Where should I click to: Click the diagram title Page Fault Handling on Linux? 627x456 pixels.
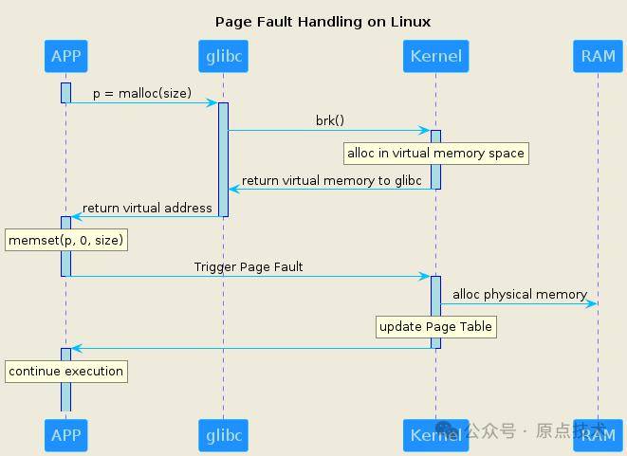click(x=323, y=22)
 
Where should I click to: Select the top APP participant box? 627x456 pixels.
click(x=66, y=56)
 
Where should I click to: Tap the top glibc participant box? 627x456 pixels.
click(x=224, y=56)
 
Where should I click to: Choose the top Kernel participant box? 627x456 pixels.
click(x=435, y=56)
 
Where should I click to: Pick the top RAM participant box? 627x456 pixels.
click(x=599, y=56)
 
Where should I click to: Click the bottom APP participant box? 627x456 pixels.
click(x=66, y=435)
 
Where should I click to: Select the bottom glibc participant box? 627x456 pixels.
click(x=224, y=435)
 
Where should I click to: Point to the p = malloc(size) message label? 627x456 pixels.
click(x=142, y=94)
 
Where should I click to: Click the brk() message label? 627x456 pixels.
click(x=330, y=120)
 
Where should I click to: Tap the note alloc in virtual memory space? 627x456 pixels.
click(x=436, y=154)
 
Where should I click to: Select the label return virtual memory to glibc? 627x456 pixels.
click(x=331, y=181)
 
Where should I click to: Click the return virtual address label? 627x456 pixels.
click(x=147, y=208)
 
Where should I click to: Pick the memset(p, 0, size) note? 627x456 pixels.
click(x=66, y=240)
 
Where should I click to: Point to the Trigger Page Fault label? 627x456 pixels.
click(x=249, y=267)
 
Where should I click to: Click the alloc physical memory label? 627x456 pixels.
click(x=520, y=295)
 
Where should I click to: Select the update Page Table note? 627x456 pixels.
click(x=436, y=327)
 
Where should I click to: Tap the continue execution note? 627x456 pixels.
click(x=66, y=372)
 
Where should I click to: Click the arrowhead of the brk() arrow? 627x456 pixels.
click(x=424, y=130)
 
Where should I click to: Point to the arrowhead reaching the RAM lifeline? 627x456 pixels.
click(x=591, y=303)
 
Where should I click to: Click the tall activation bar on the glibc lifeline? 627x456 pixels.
click(x=224, y=160)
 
